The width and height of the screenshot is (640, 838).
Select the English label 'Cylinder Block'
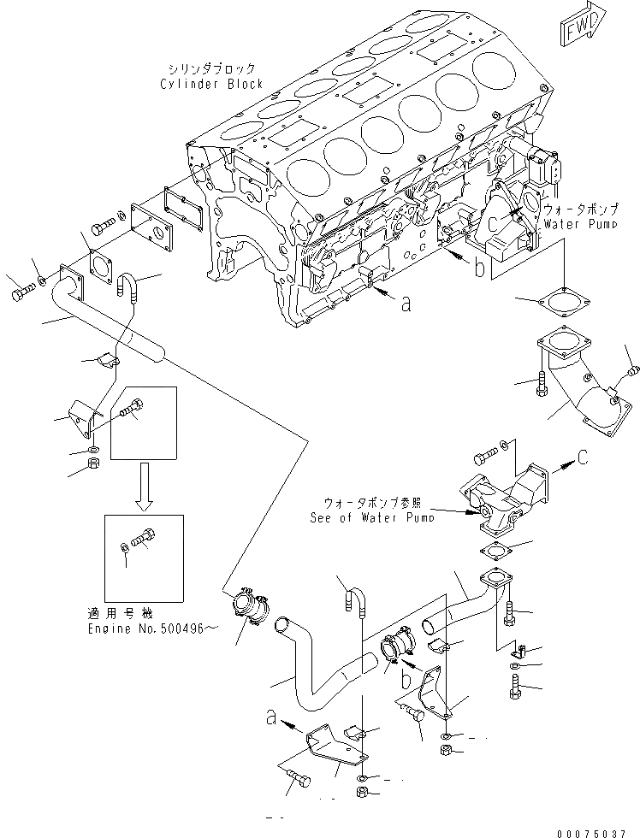(x=211, y=84)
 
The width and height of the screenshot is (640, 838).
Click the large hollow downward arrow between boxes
(x=143, y=484)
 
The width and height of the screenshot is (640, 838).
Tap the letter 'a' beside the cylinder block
(x=405, y=304)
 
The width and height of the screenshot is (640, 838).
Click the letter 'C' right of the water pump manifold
(x=582, y=457)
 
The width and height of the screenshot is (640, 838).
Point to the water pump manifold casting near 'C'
(x=496, y=500)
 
